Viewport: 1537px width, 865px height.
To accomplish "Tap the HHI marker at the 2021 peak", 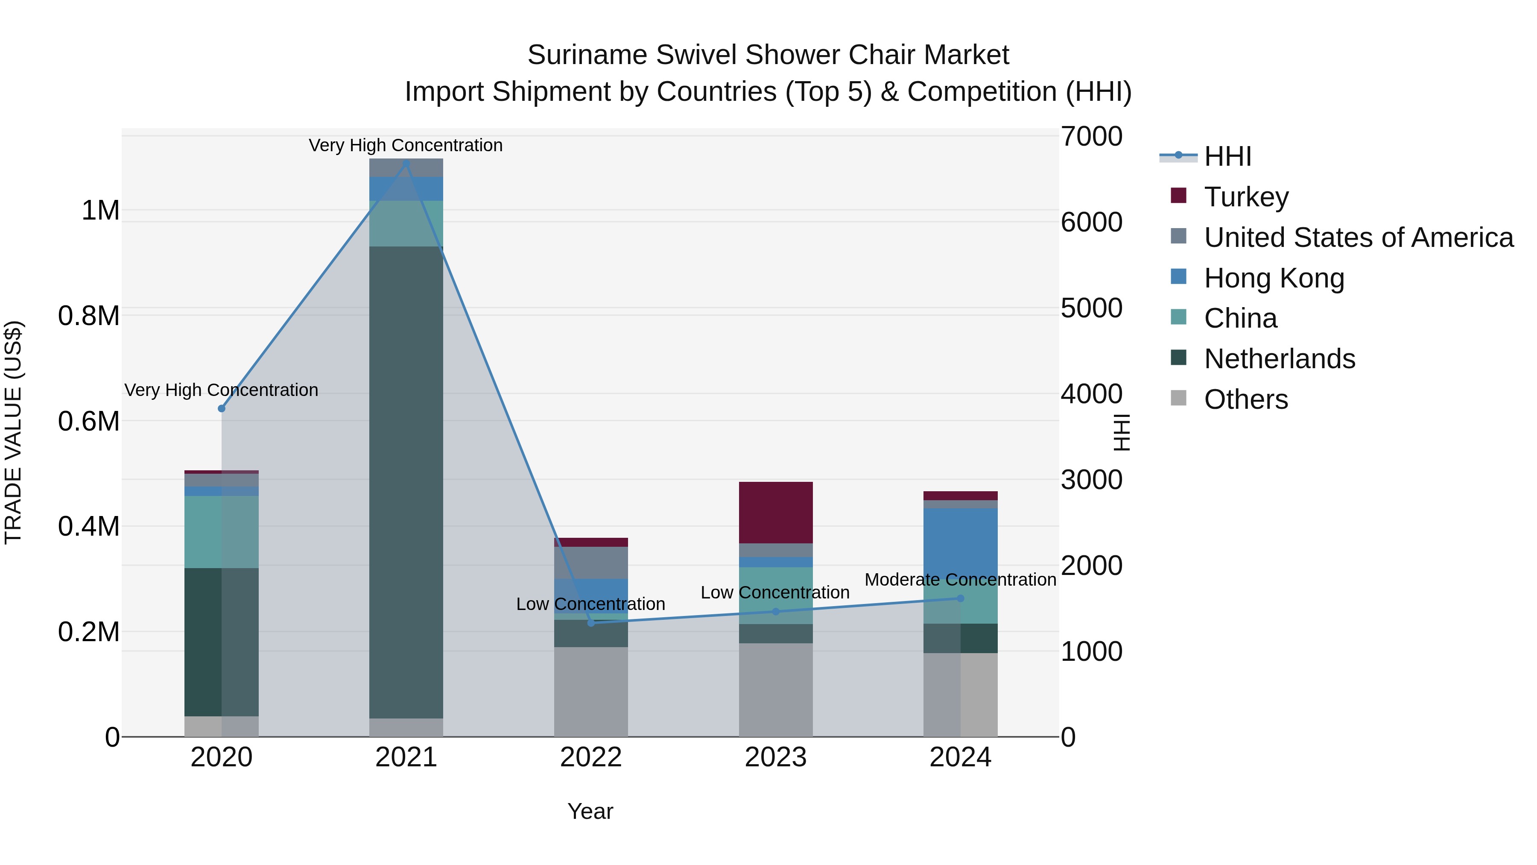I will [406, 163].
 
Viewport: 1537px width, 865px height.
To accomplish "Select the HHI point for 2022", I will [591, 623].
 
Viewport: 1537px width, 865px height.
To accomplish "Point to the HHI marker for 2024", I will [960, 598].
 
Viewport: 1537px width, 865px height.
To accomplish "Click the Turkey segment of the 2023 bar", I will [776, 512].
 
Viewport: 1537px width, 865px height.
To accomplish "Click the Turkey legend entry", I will [1246, 197].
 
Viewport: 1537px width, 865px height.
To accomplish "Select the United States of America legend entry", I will [1358, 238].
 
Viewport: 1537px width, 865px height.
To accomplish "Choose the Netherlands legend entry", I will [1279, 359].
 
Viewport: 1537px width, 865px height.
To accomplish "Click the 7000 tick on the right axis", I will [1091, 136].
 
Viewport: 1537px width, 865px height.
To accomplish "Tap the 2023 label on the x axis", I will [776, 757].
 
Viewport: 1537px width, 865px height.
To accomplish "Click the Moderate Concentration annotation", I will [960, 580].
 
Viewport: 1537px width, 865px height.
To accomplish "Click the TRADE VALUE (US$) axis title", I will [13, 432].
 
